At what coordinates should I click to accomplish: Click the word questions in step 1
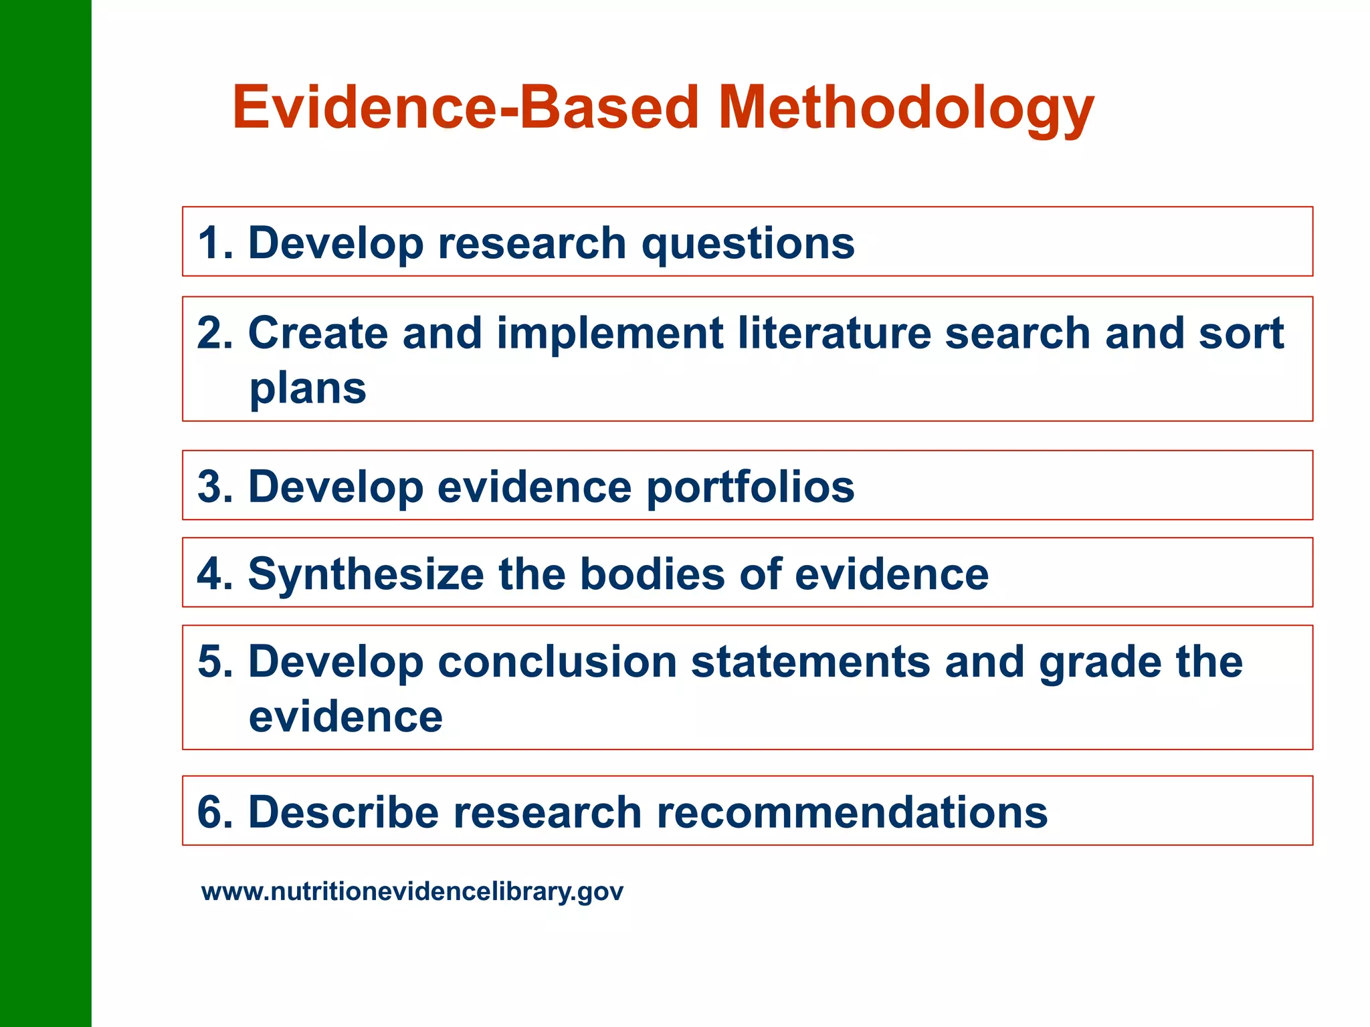[x=748, y=243]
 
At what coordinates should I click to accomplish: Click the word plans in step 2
[x=308, y=388]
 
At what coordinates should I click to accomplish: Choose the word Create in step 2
[x=318, y=333]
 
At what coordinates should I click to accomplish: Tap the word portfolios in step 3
[x=750, y=487]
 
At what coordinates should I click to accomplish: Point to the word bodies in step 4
[x=652, y=574]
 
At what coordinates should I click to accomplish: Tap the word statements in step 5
[x=810, y=662]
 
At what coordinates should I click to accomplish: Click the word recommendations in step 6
[x=852, y=812]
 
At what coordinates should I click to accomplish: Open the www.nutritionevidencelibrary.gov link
[x=412, y=892]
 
